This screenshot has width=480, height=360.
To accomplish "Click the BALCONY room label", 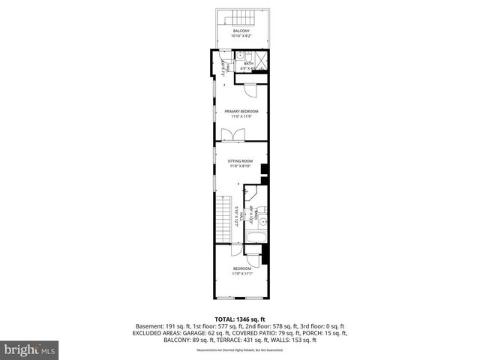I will click(241, 31).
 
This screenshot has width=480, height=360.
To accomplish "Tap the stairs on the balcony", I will click(227, 18).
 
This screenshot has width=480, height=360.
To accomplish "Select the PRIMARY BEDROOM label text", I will click(241, 111).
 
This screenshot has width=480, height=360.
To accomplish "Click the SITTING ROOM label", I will click(241, 160).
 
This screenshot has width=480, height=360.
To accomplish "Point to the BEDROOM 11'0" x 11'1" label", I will click(241, 268).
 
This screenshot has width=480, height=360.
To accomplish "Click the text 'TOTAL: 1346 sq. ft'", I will click(240, 319).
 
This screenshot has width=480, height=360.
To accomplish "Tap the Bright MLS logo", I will click(30, 349).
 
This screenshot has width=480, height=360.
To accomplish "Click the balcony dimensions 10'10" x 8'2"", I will click(241, 35).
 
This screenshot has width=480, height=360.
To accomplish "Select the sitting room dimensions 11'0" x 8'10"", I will click(241, 166).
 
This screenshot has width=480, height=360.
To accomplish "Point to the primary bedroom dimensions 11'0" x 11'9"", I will click(241, 116).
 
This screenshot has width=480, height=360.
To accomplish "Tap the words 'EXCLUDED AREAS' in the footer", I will click(157, 333).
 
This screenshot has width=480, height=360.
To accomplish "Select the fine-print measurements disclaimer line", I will click(240, 350).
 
